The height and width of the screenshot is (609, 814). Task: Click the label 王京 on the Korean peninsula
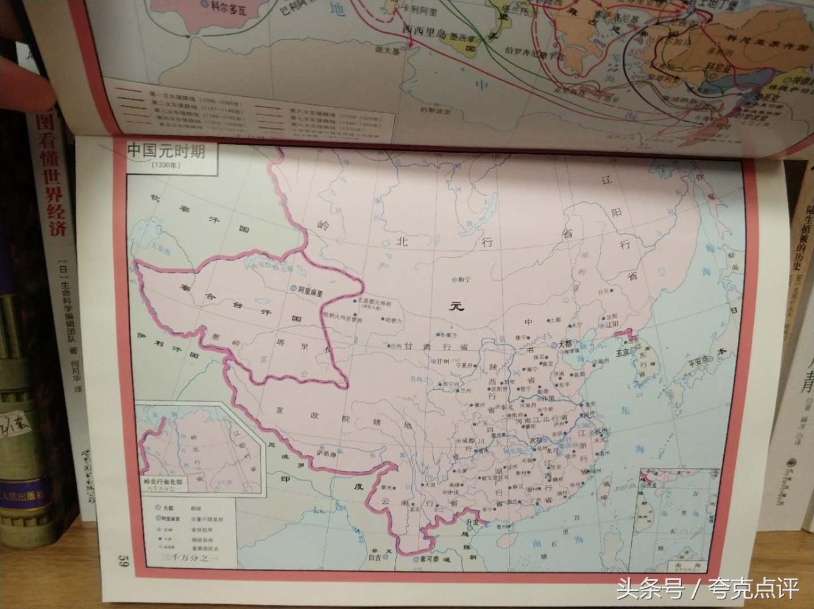(621, 351)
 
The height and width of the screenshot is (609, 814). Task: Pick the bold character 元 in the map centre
(456, 306)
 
